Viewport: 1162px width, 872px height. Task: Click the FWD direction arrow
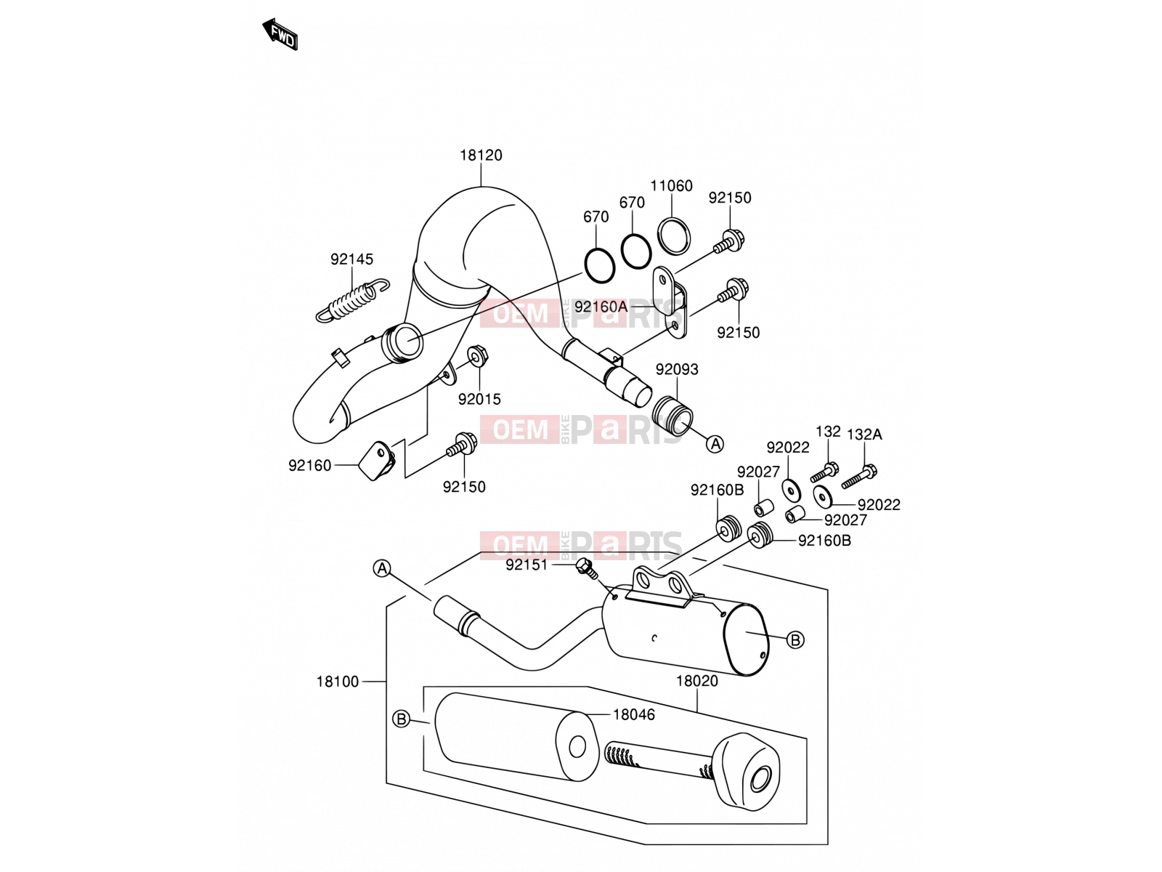pyautogui.click(x=280, y=34)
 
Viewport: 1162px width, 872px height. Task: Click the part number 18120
pyautogui.click(x=481, y=155)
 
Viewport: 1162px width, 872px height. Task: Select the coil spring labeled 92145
pyautogui.click(x=352, y=301)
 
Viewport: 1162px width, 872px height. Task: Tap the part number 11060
pyautogui.click(x=671, y=186)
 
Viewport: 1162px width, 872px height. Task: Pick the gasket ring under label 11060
pyautogui.click(x=674, y=235)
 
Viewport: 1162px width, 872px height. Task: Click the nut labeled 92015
pyautogui.click(x=478, y=356)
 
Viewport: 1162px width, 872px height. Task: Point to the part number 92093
pyautogui.click(x=677, y=369)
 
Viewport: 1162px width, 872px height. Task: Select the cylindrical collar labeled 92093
pyautogui.click(x=673, y=416)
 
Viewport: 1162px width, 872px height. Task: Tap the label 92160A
pyautogui.click(x=601, y=307)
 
